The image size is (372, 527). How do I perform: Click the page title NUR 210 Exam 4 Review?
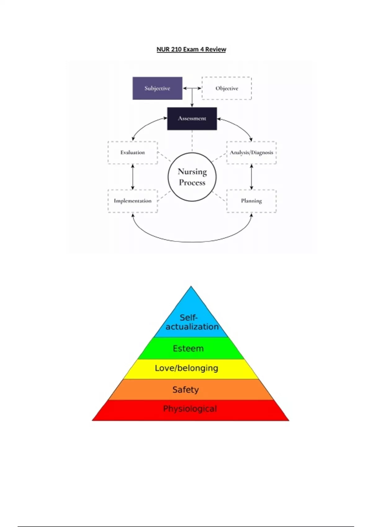point(191,49)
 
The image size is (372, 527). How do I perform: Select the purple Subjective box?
point(157,88)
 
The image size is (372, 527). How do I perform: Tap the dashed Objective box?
point(227,88)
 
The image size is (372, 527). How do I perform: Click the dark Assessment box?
point(192,118)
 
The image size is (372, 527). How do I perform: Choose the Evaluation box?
point(133,153)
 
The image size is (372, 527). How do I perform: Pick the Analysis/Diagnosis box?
point(251,153)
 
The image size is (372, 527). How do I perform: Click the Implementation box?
point(133,201)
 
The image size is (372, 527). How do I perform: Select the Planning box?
point(251,201)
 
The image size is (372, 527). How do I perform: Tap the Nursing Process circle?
point(192,177)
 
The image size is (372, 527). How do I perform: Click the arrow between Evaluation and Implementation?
point(133,177)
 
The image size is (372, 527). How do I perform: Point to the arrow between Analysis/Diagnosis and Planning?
point(251,177)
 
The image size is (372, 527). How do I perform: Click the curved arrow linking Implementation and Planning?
point(192,241)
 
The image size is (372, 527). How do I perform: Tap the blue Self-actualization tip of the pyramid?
point(191,319)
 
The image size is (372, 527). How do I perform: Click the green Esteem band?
point(188,348)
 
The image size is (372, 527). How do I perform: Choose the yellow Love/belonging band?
point(187,368)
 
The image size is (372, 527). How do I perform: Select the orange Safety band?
point(186,390)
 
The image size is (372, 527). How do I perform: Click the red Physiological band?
point(190,409)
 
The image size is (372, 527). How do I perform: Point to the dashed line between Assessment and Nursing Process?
point(192,141)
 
